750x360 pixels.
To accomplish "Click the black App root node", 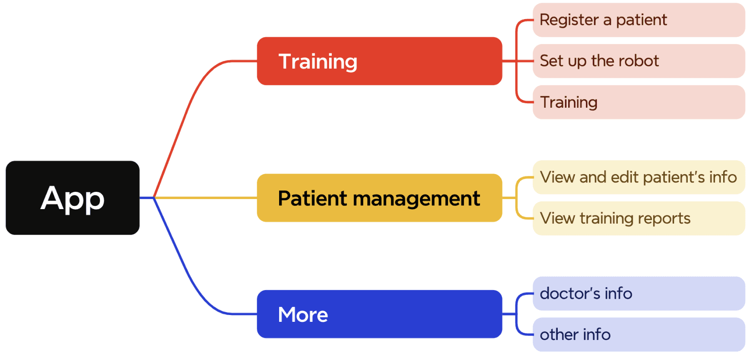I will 72,198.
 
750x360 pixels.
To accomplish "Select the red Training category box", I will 379,61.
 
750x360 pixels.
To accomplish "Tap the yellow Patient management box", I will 379,198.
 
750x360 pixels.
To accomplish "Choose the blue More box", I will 379,314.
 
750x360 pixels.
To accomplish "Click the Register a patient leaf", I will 638,20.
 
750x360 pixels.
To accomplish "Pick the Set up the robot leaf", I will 638,61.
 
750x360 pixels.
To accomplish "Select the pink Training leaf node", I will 638,102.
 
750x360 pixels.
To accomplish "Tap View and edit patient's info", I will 638,177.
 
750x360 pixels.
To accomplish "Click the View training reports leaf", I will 638,218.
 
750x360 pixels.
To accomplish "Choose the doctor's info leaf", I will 638,294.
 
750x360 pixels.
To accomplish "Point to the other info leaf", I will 638,335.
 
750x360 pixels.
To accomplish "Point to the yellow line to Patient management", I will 205,198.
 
